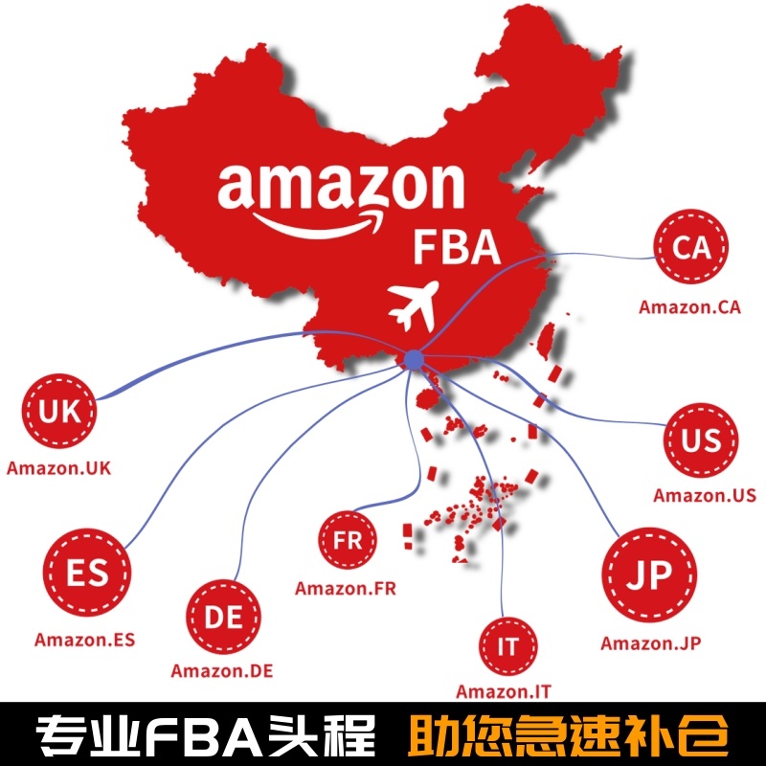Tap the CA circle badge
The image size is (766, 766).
pyautogui.click(x=691, y=247)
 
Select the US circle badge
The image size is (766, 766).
pyautogui.click(x=702, y=440)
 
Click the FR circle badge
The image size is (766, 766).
pyautogui.click(x=348, y=541)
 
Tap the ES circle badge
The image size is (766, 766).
pyautogui.click(x=87, y=576)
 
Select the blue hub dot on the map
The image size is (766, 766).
pyautogui.click(x=414, y=360)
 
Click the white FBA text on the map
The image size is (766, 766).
pyautogui.click(x=457, y=247)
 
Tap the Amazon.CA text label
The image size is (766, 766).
pyautogui.click(x=689, y=307)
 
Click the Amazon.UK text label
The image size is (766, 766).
pyautogui.click(x=59, y=468)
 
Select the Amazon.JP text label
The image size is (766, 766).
pyautogui.click(x=651, y=643)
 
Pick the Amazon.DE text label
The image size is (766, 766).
pyautogui.click(x=222, y=670)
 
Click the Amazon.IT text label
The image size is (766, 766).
pyautogui.click(x=504, y=691)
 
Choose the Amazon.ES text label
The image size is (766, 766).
pyautogui.click(x=85, y=640)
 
